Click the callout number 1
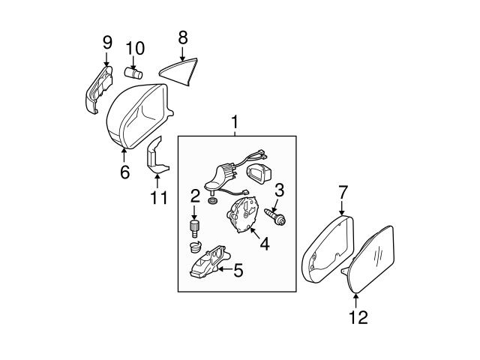pyautogui.click(x=235, y=120)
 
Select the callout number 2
pyautogui.click(x=195, y=196)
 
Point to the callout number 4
pyautogui.click(x=263, y=244)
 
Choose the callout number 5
pyautogui.click(x=238, y=270)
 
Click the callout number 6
pyautogui.click(x=124, y=172)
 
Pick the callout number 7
pyautogui.click(x=343, y=193)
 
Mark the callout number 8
pyautogui.click(x=182, y=35)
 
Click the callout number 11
pyautogui.click(x=157, y=199)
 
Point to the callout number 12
pyautogui.click(x=358, y=317)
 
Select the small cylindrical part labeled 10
pyautogui.click(x=133, y=73)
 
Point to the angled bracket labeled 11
pyautogui.click(x=155, y=155)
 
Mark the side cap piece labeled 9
pyautogui.click(x=92, y=91)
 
